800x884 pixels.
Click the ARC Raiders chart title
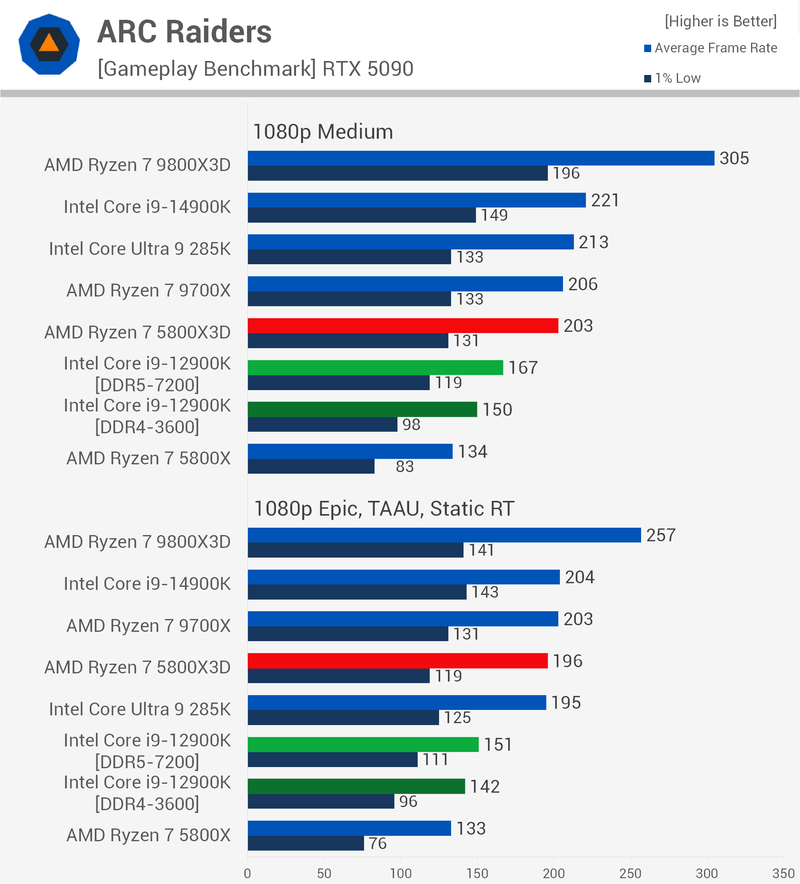tap(184, 32)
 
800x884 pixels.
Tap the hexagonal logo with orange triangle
tap(49, 44)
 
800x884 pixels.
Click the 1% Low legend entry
tap(673, 78)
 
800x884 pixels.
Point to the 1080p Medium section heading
tap(322, 132)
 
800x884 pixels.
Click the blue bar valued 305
tap(481, 158)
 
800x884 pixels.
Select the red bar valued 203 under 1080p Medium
tap(403, 326)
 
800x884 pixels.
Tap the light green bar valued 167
tap(375, 368)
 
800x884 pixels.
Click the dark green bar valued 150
tap(362, 409)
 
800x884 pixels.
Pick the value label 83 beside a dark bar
tap(404, 467)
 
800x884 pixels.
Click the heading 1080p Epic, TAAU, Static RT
tap(384, 509)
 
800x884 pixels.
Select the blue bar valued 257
tap(444, 535)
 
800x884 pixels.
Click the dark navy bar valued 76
tap(305, 843)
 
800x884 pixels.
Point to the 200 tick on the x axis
tap(554, 874)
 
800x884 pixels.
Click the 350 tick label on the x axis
tap(783, 874)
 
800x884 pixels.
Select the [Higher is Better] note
tap(720, 21)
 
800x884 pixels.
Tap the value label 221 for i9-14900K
tap(605, 201)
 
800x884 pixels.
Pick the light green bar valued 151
tap(363, 745)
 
